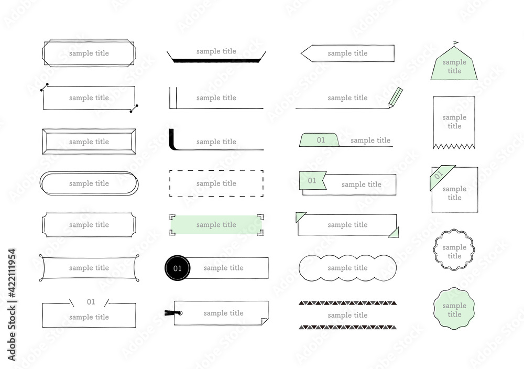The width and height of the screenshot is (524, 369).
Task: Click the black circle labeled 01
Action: (x=178, y=268)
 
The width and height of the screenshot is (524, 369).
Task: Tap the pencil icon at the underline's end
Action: (x=396, y=97)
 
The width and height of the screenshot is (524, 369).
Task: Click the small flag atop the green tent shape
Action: (x=456, y=44)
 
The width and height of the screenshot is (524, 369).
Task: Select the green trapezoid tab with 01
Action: (x=319, y=140)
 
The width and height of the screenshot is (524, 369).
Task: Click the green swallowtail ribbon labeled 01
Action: (x=312, y=180)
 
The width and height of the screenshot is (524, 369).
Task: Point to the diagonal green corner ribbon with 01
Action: (x=441, y=176)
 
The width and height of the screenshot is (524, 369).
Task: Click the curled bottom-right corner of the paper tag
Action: (x=264, y=321)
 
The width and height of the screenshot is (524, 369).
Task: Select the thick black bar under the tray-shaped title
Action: (x=216, y=60)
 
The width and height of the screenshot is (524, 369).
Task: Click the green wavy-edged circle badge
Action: (x=454, y=309)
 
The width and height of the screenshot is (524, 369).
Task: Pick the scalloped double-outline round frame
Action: (x=454, y=249)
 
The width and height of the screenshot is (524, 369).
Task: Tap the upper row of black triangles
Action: (x=347, y=303)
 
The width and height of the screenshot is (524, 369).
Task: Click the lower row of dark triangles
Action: (x=347, y=327)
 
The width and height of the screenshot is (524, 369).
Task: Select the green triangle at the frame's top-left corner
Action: (x=300, y=216)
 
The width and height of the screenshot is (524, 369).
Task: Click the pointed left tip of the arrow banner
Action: (x=301, y=53)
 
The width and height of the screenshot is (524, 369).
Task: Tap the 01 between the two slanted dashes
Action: (x=91, y=302)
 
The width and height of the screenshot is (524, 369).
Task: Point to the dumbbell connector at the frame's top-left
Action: (x=45, y=87)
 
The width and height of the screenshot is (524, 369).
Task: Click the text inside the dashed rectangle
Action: (x=216, y=183)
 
